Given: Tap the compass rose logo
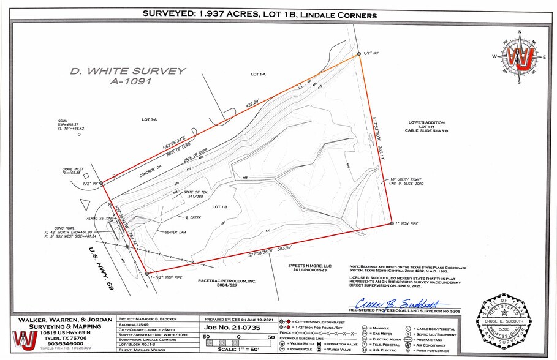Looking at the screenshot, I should click(x=520, y=57).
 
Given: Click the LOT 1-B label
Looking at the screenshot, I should click(x=220, y=207).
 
